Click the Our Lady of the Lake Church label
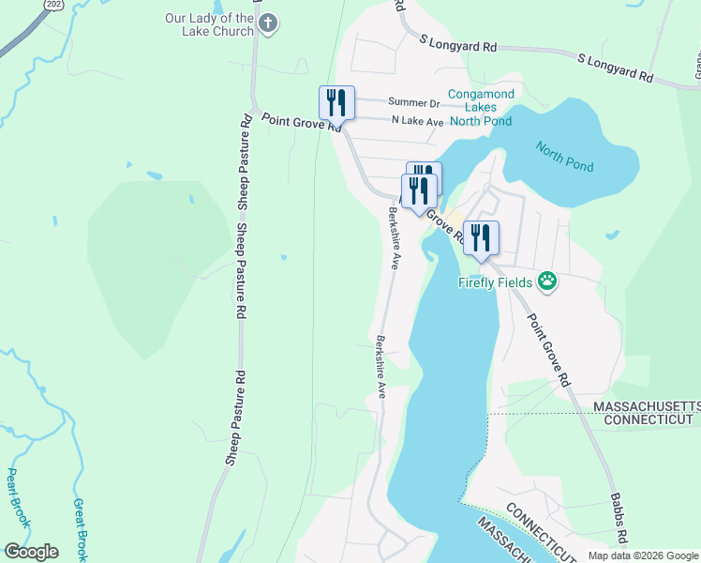pos(209,24)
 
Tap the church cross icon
pos(268,23)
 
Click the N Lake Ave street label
pos(417,121)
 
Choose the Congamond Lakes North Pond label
pos(480,107)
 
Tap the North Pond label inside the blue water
pos(564,155)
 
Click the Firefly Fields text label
pos(495,281)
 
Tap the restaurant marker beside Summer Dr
pos(337,102)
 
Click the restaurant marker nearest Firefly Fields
pos(481,238)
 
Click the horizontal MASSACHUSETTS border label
pos(647,404)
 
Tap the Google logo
pos(31,551)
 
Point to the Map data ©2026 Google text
pos(642,555)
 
